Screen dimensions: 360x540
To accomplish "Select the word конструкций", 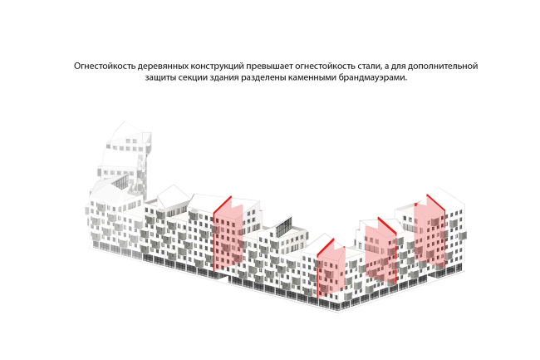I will [x=217, y=64].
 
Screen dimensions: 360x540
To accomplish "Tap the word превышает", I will [x=271, y=64].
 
